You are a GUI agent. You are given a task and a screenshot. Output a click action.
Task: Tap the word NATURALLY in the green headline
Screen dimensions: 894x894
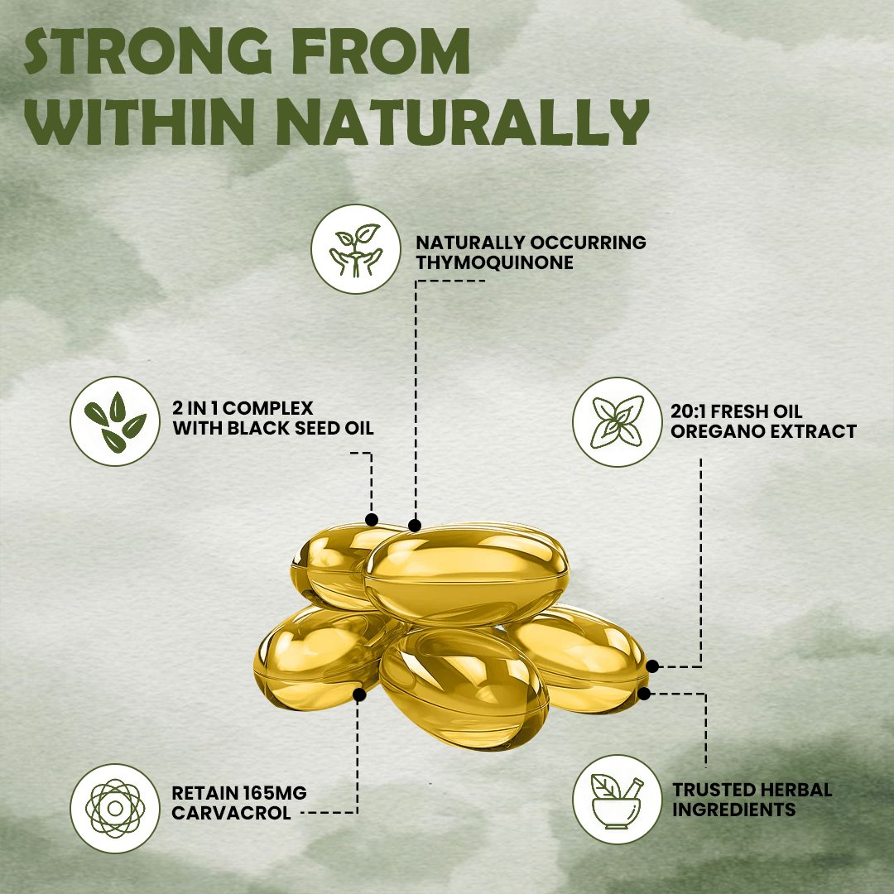(463, 123)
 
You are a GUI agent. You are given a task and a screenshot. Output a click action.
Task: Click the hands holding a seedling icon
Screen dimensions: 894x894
(356, 249)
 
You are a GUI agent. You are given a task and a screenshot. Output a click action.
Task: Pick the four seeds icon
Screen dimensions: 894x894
(115, 421)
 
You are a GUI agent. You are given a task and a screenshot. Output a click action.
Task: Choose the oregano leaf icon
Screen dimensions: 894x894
(618, 422)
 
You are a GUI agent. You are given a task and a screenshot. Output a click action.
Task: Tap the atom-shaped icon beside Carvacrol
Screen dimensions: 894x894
(115, 809)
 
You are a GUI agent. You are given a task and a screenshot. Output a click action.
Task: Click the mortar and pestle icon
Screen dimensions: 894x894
(618, 800)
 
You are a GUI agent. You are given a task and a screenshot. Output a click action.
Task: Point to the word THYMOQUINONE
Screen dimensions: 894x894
(494, 263)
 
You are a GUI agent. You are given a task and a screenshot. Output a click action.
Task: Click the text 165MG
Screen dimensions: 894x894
(274, 793)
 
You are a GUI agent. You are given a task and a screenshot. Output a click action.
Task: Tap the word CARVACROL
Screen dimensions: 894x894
(231, 813)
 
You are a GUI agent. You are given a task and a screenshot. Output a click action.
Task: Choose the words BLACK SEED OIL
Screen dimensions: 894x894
(300, 428)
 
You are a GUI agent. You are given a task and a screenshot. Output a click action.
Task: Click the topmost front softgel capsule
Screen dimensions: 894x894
(466, 574)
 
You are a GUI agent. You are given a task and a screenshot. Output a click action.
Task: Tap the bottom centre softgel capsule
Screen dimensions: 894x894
(464, 688)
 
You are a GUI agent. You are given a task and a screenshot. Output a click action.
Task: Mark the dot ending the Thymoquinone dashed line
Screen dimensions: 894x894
(415, 526)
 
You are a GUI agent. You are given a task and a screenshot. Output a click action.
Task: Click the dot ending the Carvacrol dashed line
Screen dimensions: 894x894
(359, 695)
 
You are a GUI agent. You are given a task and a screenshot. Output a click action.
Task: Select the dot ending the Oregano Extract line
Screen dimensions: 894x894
(652, 666)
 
